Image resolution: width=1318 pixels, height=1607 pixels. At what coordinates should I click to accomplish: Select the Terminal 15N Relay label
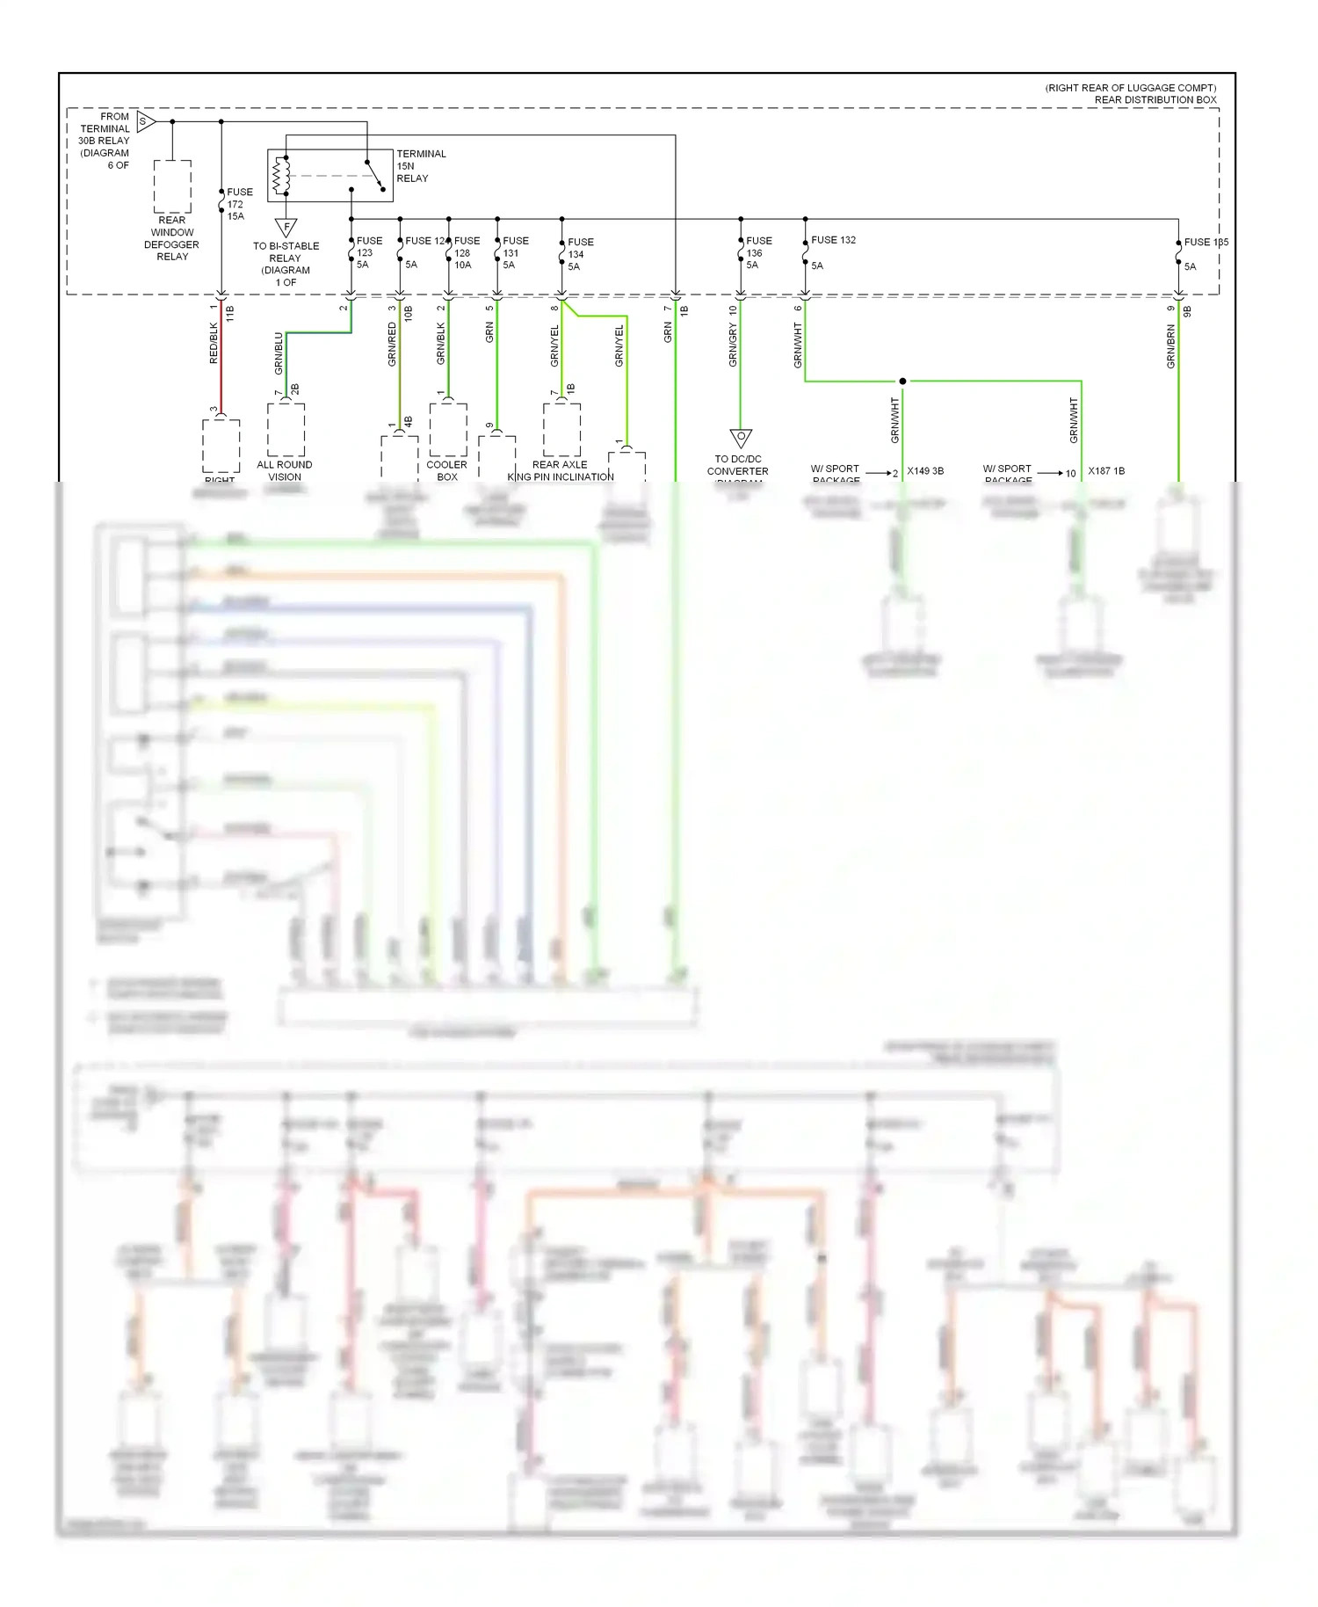421,166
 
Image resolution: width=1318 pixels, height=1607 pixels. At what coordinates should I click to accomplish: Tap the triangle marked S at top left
145,121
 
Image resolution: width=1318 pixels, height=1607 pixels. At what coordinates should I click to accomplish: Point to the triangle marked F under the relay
286,227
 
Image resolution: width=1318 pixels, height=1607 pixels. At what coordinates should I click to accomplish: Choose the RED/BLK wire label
214,344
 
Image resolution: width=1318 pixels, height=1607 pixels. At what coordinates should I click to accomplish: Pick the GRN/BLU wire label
279,353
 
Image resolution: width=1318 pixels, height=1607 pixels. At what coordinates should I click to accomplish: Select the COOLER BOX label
447,470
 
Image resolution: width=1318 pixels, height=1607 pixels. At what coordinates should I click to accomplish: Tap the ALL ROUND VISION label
285,470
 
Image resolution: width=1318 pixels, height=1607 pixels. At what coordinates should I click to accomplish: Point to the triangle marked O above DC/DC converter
741,438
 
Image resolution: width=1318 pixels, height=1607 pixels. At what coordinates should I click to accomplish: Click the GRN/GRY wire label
733,345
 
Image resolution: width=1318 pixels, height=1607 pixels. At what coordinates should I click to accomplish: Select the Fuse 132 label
832,240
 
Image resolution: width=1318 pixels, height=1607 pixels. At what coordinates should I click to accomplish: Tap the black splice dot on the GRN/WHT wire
902,382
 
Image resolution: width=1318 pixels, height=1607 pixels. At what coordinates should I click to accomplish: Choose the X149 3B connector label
925,471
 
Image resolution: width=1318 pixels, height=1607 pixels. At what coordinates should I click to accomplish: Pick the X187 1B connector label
1106,471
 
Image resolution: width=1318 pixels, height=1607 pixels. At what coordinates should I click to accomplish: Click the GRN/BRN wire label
1171,346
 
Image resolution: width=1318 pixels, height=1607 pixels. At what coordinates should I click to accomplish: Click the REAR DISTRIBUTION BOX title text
1155,99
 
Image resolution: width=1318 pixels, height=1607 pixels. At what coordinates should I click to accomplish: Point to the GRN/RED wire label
393,344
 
